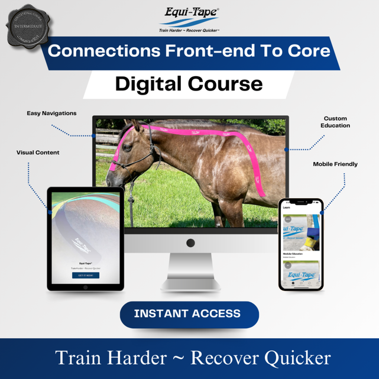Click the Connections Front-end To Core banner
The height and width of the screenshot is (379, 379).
189,51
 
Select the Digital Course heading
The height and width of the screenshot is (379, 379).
189,83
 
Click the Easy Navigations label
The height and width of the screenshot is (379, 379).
51,114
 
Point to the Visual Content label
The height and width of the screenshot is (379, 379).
38,153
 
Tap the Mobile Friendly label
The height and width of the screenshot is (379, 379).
335,164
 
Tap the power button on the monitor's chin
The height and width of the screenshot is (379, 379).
190,242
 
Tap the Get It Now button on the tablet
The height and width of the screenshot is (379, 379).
86,275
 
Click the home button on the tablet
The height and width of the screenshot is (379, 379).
86,287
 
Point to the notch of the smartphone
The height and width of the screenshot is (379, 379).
301,202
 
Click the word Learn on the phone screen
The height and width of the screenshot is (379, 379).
287,208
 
